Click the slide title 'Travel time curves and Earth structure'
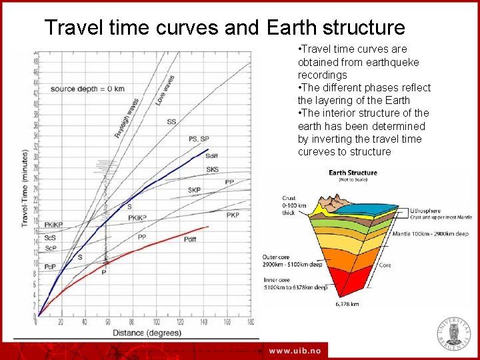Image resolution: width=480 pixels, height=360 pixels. (224, 27)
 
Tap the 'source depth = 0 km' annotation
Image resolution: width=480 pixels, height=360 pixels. (87, 89)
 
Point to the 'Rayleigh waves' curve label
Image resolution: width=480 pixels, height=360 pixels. (126, 118)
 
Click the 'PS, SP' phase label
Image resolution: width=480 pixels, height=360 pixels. (199, 139)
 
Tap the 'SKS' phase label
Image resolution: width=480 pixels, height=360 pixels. (212, 169)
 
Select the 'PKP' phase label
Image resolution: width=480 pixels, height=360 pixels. (232, 215)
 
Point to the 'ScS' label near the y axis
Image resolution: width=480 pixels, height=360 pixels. (51, 238)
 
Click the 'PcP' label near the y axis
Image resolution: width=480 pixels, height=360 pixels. (51, 266)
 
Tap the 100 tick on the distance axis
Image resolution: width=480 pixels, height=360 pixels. (156, 322)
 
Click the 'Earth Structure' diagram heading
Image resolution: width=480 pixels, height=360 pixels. (353, 173)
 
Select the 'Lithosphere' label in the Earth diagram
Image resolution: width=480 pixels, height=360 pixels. (429, 210)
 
